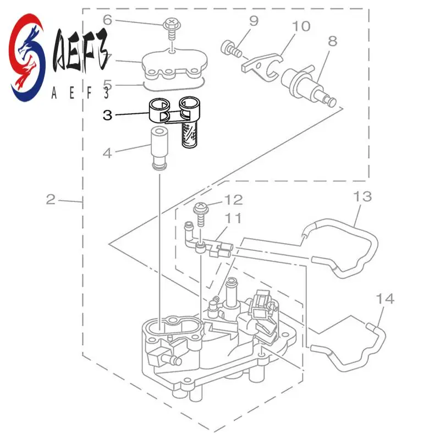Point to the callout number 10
click(x=301, y=26)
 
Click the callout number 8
click(x=332, y=41)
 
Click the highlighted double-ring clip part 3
click(x=173, y=111)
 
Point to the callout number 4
click(x=107, y=152)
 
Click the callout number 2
click(x=51, y=199)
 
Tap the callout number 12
click(x=233, y=200)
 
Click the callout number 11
click(x=234, y=219)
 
